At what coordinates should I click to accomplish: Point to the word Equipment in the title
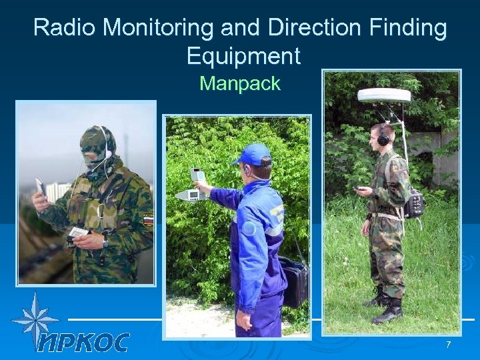(x=243, y=56)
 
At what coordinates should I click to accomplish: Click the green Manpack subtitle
(x=240, y=84)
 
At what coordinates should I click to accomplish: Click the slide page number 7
(x=448, y=344)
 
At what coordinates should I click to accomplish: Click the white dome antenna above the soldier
(x=384, y=95)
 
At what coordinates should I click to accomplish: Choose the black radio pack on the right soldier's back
(x=413, y=202)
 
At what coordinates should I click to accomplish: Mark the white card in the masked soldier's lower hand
(x=79, y=232)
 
